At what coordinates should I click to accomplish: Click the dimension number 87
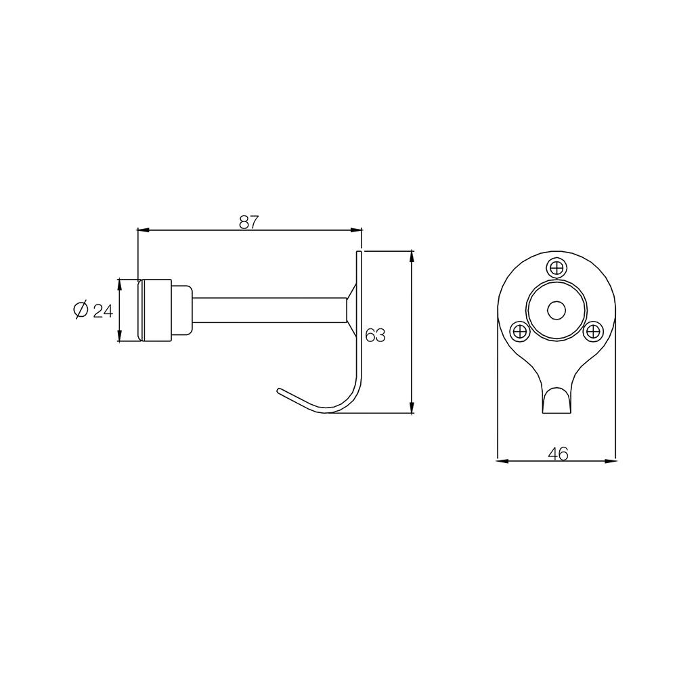pyautogui.click(x=249, y=221)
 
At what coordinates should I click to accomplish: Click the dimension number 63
pyautogui.click(x=374, y=335)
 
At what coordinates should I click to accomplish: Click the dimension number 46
pyautogui.click(x=557, y=453)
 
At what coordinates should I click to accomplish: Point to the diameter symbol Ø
pyautogui.click(x=80, y=310)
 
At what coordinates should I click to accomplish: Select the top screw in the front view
pyautogui.click(x=556, y=268)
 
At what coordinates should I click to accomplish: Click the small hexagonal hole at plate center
pyautogui.click(x=556, y=310)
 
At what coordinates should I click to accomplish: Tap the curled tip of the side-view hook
pyautogui.click(x=281, y=391)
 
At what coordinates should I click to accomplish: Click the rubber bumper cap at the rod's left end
pyautogui.click(x=154, y=310)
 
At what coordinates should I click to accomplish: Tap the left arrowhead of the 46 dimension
pyautogui.click(x=502, y=461)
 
